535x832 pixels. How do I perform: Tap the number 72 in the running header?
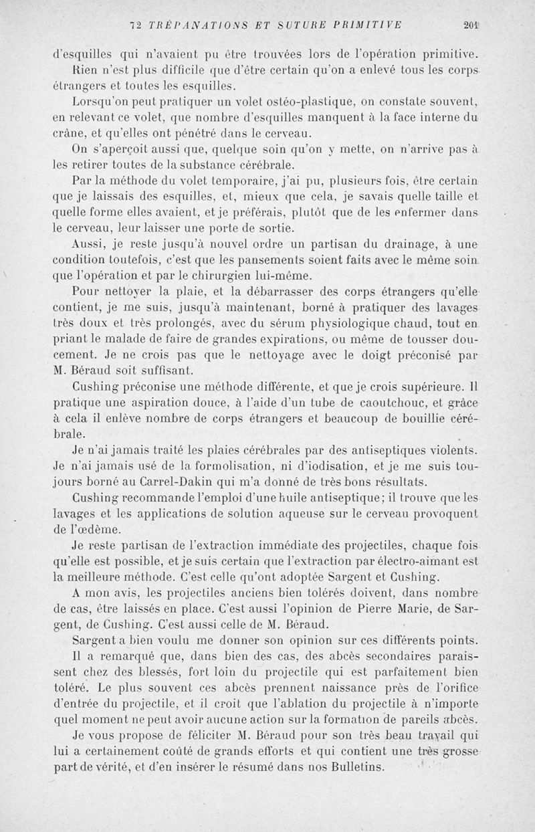click(136, 26)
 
